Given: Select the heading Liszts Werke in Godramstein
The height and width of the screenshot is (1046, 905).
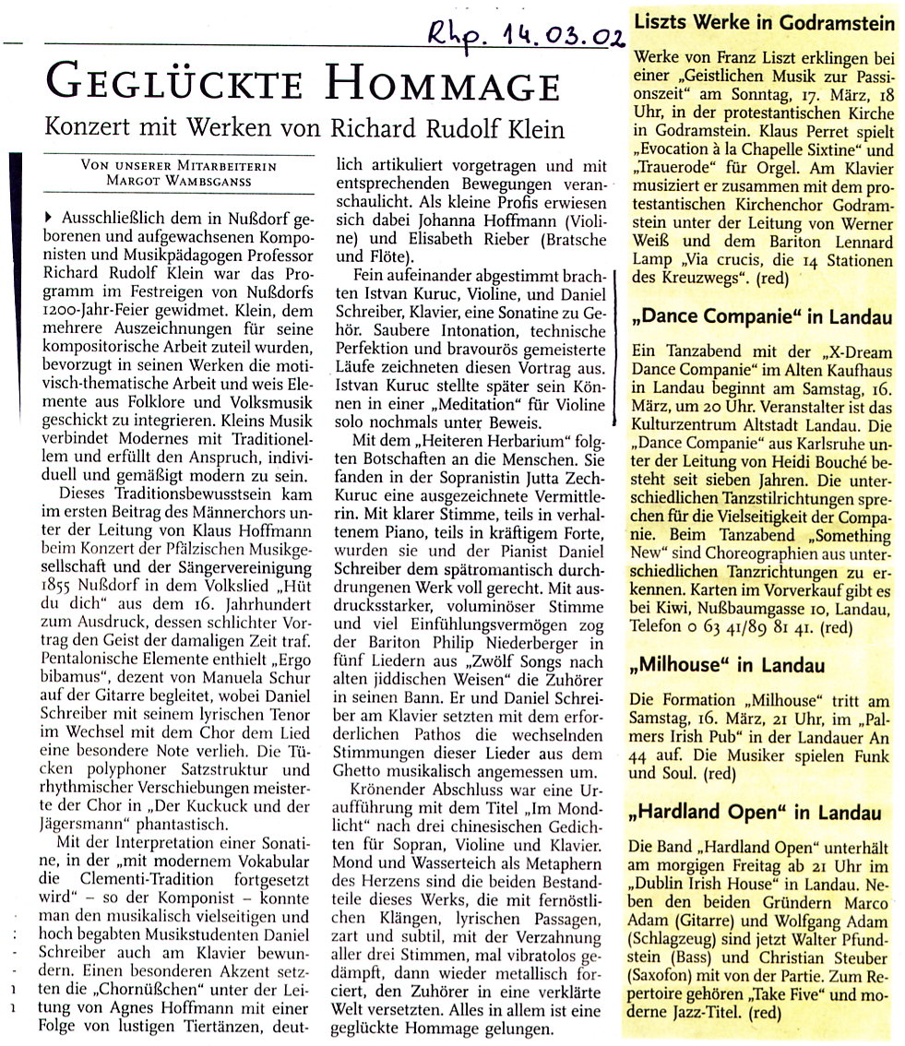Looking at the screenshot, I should (x=765, y=20).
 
